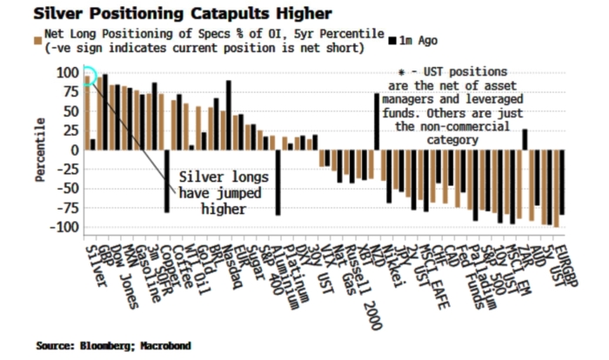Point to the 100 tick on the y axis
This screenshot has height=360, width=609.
[66, 72]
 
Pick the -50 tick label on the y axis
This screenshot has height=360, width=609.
[66, 189]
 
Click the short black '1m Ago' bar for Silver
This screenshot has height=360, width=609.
[92, 143]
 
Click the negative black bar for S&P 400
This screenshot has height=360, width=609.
[278, 183]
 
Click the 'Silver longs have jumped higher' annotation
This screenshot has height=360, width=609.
[218, 192]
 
